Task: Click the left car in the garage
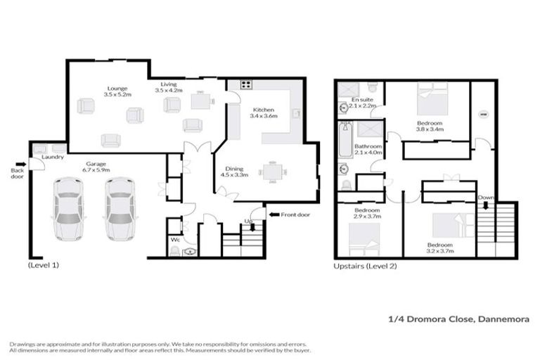69,208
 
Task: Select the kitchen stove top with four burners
247,86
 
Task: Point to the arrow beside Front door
274,213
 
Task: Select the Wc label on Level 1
176,240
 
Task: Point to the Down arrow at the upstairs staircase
484,206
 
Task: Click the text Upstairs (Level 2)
365,266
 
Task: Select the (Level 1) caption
44,266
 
